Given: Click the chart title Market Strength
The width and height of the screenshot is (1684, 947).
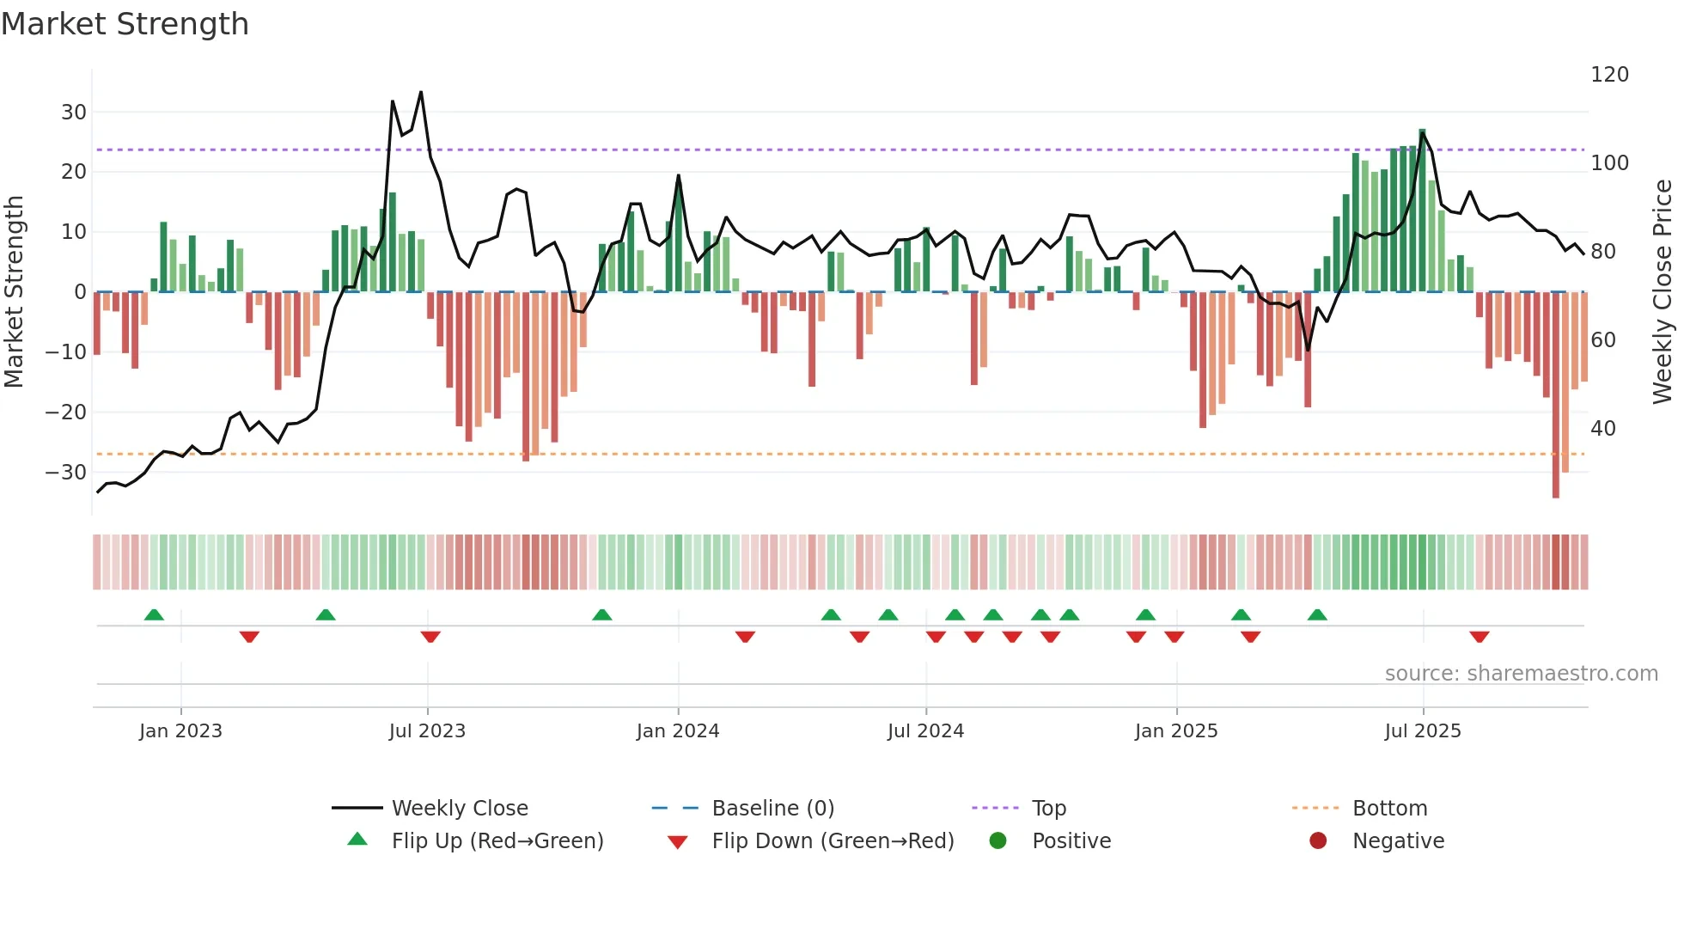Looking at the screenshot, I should click(125, 24).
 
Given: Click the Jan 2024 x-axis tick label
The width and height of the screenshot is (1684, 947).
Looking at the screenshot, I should click(677, 731).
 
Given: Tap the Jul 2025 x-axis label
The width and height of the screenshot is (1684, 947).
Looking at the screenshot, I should click(1422, 731).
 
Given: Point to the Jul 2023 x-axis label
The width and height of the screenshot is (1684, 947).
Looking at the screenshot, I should click(427, 731).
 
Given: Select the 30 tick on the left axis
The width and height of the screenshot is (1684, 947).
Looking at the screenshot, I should click(74, 113).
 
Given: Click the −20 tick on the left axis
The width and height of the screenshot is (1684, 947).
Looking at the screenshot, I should click(65, 412).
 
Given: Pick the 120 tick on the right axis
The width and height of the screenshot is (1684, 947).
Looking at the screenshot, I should click(1609, 75).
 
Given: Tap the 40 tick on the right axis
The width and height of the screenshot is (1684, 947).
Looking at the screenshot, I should click(1603, 428).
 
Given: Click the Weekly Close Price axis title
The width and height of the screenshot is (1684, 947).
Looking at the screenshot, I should click(1663, 292).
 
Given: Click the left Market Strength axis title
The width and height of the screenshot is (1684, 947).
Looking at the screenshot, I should click(15, 292).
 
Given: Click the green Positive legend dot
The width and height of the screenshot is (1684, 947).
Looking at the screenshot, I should click(998, 841).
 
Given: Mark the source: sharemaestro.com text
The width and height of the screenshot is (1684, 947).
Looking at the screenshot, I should click(1521, 674).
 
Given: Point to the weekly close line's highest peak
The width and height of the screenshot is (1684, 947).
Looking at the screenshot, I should click(421, 92).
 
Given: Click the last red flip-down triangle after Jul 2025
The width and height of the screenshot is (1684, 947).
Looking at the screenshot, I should click(1479, 637).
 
